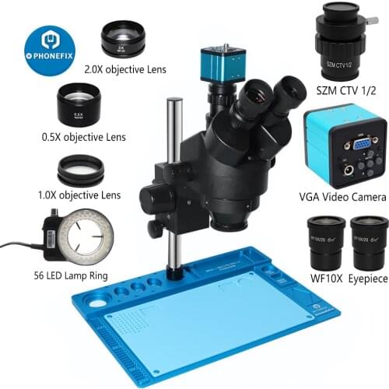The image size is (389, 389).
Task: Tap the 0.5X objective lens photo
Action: click(x=80, y=102)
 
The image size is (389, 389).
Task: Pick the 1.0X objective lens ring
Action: click(x=80, y=170)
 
